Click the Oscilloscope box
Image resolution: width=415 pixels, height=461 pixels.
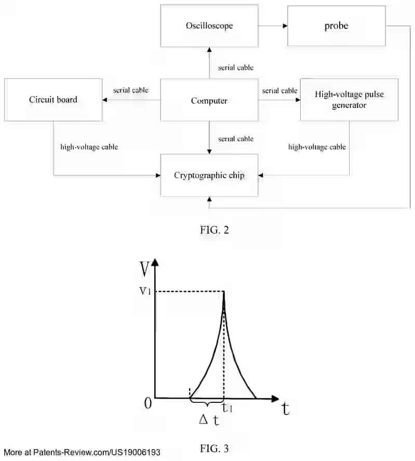point(209,26)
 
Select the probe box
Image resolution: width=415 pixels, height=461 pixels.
point(336,26)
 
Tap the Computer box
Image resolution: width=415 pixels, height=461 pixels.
point(209,100)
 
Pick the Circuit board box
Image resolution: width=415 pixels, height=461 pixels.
point(53,100)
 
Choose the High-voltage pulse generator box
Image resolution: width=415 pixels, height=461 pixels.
point(349,100)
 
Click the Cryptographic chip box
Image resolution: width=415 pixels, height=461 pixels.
point(209,175)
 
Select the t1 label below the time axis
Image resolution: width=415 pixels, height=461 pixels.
point(227,409)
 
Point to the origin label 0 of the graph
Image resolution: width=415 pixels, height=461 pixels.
point(148,403)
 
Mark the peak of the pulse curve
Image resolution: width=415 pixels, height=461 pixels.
point(224,292)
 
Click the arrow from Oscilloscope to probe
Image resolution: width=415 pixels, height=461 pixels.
point(273,26)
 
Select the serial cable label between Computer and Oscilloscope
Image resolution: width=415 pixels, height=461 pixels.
point(236,67)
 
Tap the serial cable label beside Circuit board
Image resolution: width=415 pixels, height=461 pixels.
point(131,90)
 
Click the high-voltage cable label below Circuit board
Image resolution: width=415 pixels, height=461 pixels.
point(89,147)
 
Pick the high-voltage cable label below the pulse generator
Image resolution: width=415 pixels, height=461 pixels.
point(317,147)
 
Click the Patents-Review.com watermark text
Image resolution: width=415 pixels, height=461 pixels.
point(82,453)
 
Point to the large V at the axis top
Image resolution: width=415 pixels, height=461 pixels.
point(146,268)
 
